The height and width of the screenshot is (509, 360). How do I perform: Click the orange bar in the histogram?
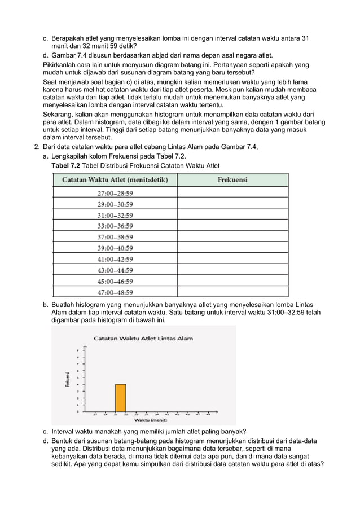tap(120, 398)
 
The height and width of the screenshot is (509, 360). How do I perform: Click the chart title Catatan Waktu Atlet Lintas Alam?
tap(143, 339)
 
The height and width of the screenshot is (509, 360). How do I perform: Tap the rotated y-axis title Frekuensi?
tap(68, 379)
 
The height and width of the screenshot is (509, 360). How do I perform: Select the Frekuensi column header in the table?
tap(232, 180)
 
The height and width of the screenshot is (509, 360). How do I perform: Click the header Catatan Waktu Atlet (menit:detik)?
tap(115, 180)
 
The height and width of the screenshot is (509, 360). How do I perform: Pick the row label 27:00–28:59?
tap(115, 192)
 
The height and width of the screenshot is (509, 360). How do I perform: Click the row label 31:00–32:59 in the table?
tap(115, 215)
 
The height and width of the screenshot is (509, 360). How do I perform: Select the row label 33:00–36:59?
tap(115, 226)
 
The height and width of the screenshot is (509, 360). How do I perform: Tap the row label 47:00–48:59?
tap(115, 292)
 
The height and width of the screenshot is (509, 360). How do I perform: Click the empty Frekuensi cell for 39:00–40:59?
tap(232, 248)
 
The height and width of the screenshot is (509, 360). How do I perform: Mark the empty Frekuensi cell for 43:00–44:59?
tap(232, 270)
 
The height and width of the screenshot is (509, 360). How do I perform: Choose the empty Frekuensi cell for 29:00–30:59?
tap(232, 204)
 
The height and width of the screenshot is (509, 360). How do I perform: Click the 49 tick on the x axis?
tap(208, 414)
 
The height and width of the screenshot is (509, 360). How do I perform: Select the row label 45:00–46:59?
tap(115, 281)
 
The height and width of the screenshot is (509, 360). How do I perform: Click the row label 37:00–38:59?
tap(115, 237)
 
